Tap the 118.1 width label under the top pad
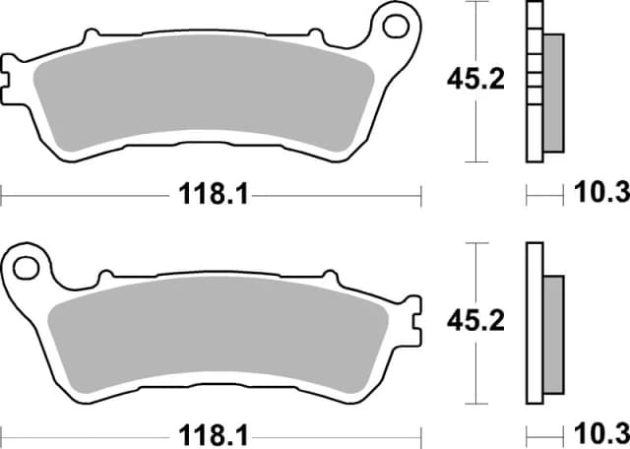tap(210, 194)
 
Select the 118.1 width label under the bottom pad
tap(210, 433)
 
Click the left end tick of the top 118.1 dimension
tap(2, 194)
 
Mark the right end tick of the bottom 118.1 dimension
tap(420, 433)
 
